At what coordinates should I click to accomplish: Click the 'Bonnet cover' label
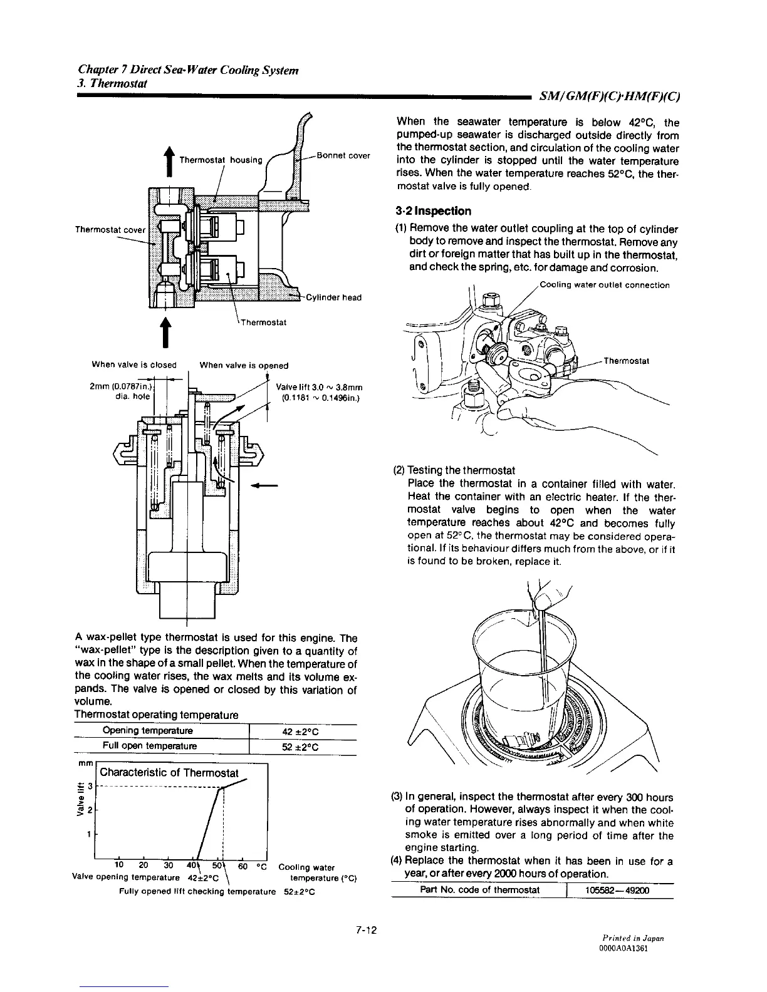[x=343, y=155]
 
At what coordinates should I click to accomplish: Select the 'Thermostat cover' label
[x=110, y=229]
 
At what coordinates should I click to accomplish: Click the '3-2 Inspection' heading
[x=433, y=210]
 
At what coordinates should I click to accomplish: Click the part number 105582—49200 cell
[x=614, y=891]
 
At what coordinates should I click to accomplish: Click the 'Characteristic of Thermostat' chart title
[x=169, y=773]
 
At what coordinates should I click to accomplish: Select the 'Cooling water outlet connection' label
[x=604, y=286]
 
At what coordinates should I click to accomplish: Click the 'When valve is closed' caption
[x=134, y=365]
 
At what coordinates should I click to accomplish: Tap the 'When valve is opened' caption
[x=244, y=365]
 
